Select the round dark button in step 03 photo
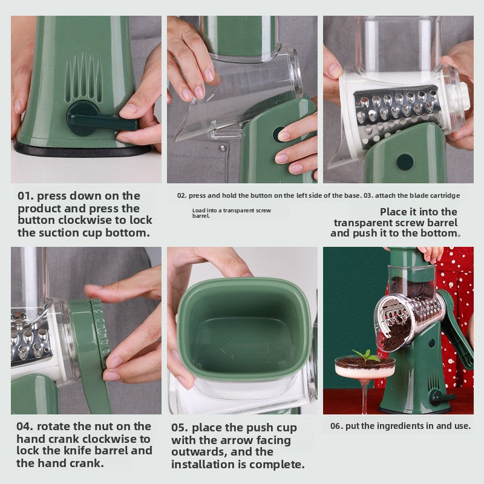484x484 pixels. tap(405, 162)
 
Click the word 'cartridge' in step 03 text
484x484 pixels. tap(442, 195)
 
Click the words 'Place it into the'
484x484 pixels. tap(419, 212)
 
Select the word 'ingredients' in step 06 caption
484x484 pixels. tap(400, 426)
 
